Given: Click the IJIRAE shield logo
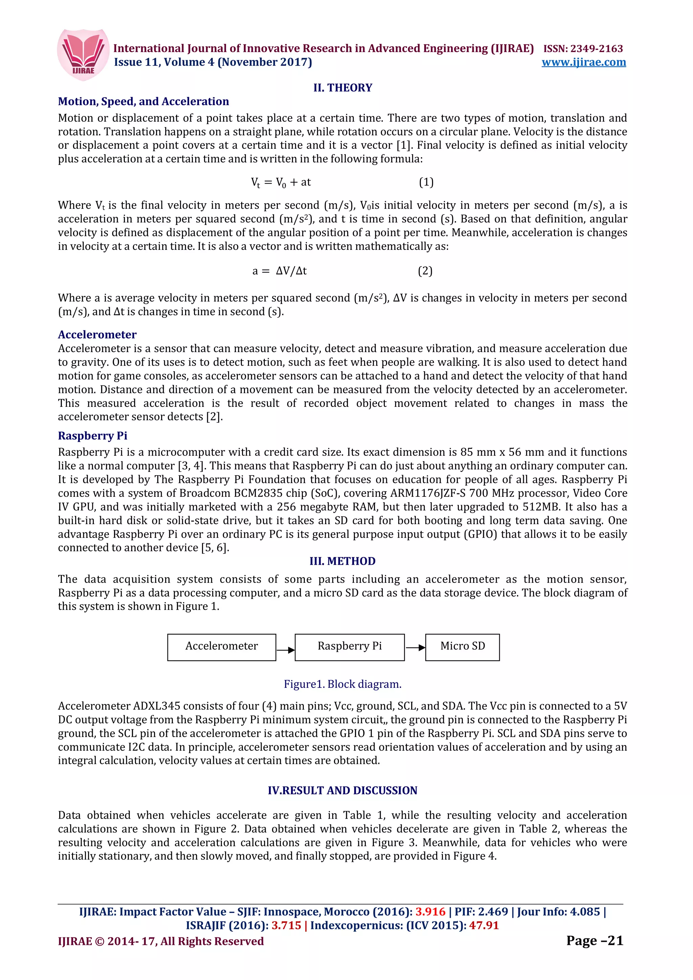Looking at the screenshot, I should (x=83, y=55).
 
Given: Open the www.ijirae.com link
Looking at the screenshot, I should (x=583, y=62).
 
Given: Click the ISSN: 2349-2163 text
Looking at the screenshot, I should (x=583, y=49).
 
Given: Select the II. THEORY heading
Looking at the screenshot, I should (x=342, y=88).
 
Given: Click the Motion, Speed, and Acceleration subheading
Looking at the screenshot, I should (x=143, y=101).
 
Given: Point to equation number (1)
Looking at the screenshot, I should (x=426, y=182).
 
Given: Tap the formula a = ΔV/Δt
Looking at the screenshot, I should (x=280, y=271).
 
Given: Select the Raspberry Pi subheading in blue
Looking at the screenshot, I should (x=93, y=436).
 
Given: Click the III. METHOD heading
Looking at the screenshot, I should (x=342, y=561).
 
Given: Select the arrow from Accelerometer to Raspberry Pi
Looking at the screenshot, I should (x=285, y=650).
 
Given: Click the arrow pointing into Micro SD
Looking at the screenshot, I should (x=415, y=648).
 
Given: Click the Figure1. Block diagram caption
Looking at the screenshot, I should (x=342, y=684).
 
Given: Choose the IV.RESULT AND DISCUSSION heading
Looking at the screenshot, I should (x=342, y=791).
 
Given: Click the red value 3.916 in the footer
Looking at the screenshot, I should (x=430, y=912).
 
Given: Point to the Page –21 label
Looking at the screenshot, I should (x=595, y=940).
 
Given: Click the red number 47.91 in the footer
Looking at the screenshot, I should (x=484, y=925).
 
